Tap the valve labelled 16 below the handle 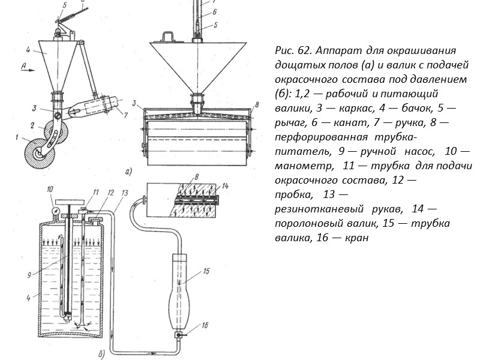pyautogui.click(x=180, y=335)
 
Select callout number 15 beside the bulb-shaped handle pyautogui.click(x=206, y=271)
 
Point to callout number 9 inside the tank pyautogui.click(x=38, y=275)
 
